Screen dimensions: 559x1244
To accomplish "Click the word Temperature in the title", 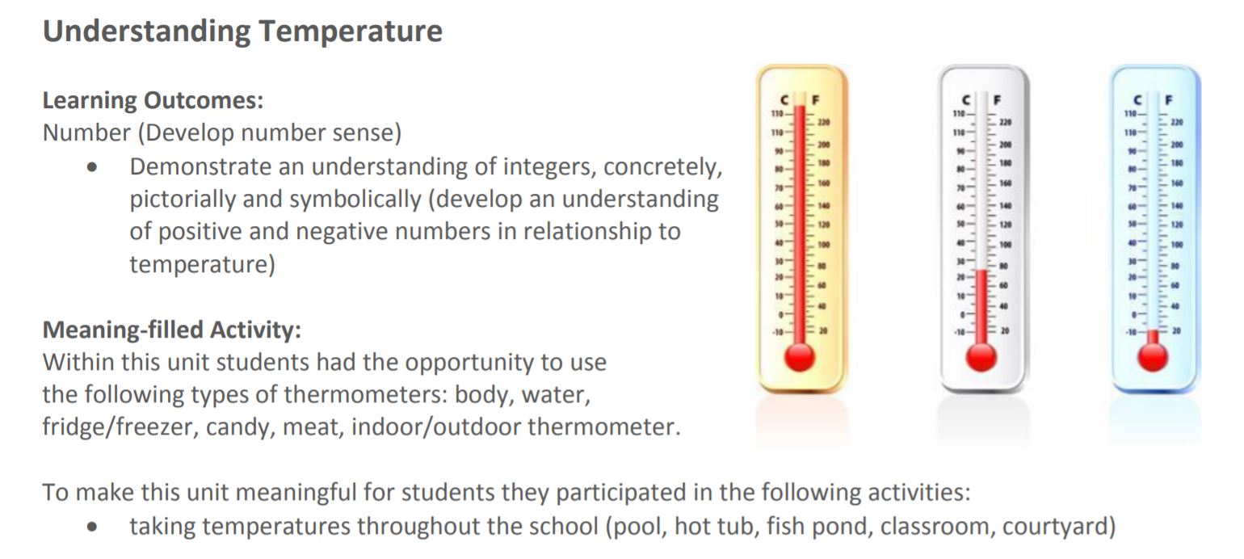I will [351, 32].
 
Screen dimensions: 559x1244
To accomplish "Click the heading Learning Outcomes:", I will [153, 101].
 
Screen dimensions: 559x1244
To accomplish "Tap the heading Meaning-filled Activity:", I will [172, 330].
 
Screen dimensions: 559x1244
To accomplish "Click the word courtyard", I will [1058, 527].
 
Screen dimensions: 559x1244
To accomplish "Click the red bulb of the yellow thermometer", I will [800, 356].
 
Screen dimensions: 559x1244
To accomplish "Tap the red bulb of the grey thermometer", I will [981, 356].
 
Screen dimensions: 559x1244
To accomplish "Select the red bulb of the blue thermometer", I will [1153, 356].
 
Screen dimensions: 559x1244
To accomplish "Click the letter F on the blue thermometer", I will [1169, 101].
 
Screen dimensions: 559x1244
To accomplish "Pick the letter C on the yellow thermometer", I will [785, 101].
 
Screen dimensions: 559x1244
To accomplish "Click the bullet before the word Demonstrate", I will [97, 169].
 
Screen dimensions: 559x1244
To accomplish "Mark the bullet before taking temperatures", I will [97, 528].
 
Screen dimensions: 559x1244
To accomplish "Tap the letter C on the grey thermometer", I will [967, 101].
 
